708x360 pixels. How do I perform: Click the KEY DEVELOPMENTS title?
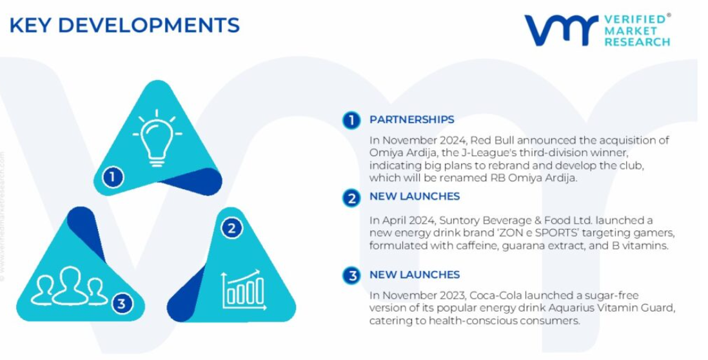(124, 25)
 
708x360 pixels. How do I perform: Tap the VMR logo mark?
(561, 31)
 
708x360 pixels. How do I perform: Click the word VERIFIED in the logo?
(634, 19)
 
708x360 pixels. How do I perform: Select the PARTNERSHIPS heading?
(412, 120)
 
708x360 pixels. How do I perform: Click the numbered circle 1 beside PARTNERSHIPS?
(351, 121)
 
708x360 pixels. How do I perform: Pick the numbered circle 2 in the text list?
(351, 198)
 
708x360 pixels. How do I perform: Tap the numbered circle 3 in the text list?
(351, 275)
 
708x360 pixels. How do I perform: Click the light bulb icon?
(157, 138)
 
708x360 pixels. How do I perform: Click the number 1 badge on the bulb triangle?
(112, 177)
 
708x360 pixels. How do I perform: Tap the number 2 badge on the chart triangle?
(231, 228)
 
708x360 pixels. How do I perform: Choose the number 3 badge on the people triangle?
(123, 303)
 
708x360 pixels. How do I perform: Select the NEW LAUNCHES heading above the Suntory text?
(415, 197)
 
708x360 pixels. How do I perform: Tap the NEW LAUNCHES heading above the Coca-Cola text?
(415, 275)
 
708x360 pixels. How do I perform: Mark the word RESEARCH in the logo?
(637, 42)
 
